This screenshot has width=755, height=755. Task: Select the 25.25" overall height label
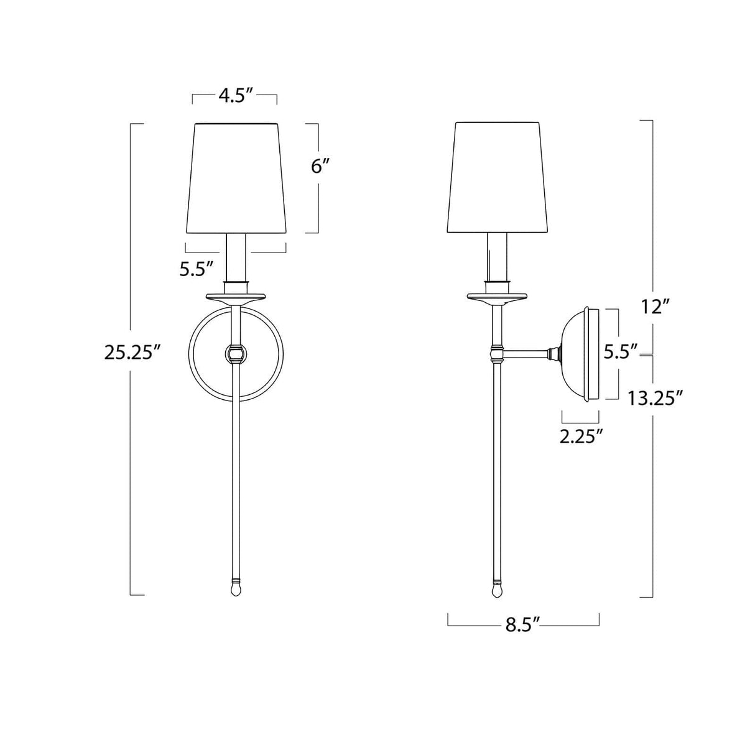[133, 353]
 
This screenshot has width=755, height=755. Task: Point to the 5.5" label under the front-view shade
[197, 269]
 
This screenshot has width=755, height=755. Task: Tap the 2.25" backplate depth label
[582, 436]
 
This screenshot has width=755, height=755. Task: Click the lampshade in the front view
[236, 177]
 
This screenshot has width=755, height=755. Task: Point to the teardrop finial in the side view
[496, 588]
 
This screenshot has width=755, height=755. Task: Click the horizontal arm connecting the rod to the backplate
[526, 354]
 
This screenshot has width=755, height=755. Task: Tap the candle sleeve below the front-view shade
[236, 258]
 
